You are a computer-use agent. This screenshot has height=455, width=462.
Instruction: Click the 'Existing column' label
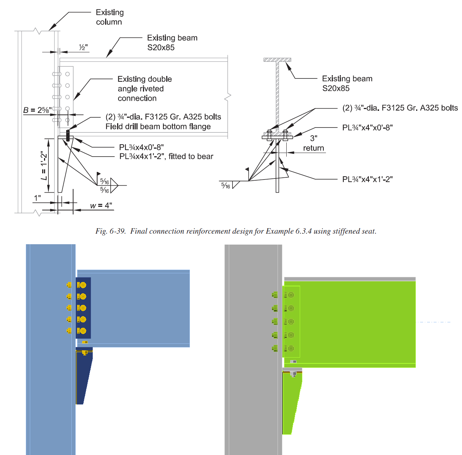[109, 17]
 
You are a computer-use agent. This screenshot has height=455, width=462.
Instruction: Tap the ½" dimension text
[83, 48]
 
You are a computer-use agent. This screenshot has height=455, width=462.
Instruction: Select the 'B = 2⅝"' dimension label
[37, 110]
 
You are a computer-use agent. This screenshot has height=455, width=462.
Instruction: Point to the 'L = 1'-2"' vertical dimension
[44, 166]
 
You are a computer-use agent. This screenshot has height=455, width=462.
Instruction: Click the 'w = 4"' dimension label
[101, 206]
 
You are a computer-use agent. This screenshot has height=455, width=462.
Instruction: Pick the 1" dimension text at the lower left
[37, 198]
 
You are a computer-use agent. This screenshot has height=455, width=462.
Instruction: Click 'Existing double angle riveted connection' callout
[144, 89]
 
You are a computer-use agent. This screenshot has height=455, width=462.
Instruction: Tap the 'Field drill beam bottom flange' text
[158, 126]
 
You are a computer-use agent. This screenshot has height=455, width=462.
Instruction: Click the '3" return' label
[314, 144]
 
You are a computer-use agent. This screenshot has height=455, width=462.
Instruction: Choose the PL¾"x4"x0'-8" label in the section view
[367, 128]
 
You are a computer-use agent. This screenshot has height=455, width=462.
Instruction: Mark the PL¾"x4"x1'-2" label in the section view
[367, 179]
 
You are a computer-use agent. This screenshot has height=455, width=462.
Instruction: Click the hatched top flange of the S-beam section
[277, 60]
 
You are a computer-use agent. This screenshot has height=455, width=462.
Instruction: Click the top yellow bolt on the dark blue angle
[83, 285]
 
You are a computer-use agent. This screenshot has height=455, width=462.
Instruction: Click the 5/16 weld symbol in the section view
[226, 186]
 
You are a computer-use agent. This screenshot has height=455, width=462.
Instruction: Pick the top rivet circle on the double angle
[67, 74]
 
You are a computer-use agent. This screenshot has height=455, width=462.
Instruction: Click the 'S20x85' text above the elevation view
[161, 47]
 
